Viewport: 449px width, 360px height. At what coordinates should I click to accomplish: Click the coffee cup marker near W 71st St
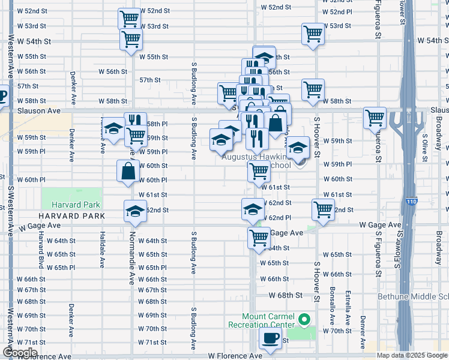(x=270, y=338)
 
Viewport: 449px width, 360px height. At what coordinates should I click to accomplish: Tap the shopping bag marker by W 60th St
(x=128, y=171)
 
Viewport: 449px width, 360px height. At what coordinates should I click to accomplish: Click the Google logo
(x=20, y=353)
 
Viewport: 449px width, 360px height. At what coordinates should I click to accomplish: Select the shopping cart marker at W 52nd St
(x=129, y=19)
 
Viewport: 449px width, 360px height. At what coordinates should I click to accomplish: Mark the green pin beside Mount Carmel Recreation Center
(x=304, y=319)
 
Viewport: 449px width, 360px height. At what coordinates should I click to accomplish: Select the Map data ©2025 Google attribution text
(x=412, y=355)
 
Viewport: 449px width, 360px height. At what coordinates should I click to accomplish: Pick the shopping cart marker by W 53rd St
(x=313, y=34)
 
